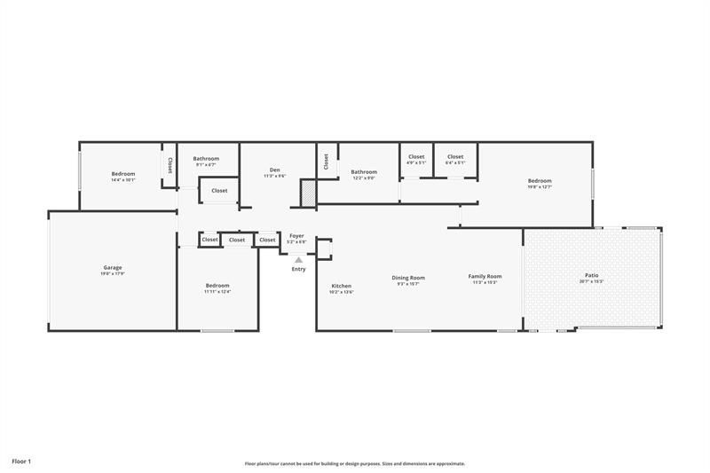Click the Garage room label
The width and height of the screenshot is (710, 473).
click(x=113, y=267)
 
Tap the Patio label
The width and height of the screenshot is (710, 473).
click(x=591, y=275)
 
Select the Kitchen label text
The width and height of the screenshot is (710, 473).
click(x=342, y=286)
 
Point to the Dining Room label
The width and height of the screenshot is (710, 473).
click(x=408, y=277)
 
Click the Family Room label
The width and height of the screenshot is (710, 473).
click(x=485, y=276)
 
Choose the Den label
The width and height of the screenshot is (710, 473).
click(x=275, y=169)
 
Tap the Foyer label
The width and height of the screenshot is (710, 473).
click(x=296, y=235)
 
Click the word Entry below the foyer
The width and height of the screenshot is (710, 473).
click(x=298, y=269)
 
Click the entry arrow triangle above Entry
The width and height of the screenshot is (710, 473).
click(x=298, y=260)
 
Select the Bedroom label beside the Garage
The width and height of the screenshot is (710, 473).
click(x=217, y=285)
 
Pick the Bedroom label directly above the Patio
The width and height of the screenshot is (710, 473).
click(x=540, y=180)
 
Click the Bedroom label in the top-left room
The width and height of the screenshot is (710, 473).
click(x=123, y=173)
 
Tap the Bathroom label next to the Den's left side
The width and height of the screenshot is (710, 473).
click(x=206, y=158)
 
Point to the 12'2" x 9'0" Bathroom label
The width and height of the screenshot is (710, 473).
click(x=364, y=171)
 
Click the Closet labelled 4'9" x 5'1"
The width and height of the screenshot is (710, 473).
click(x=416, y=156)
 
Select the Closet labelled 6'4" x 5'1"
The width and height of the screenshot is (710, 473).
click(x=455, y=156)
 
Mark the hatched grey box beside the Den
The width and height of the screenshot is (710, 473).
click(x=308, y=193)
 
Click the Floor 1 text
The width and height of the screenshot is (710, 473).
click(x=21, y=461)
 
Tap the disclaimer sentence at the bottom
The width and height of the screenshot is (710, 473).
click(x=355, y=463)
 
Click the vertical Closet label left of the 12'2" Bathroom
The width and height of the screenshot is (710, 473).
click(x=326, y=161)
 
